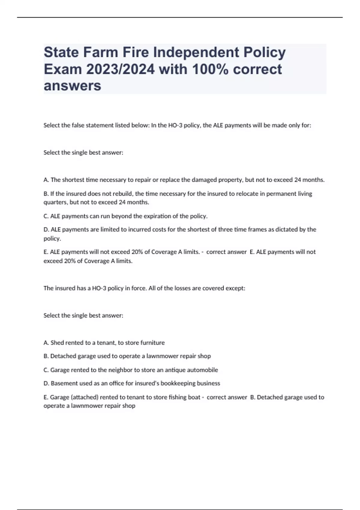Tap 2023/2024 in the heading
(120, 69)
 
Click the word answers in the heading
(72, 85)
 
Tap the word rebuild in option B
(122, 194)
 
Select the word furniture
(153, 343)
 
